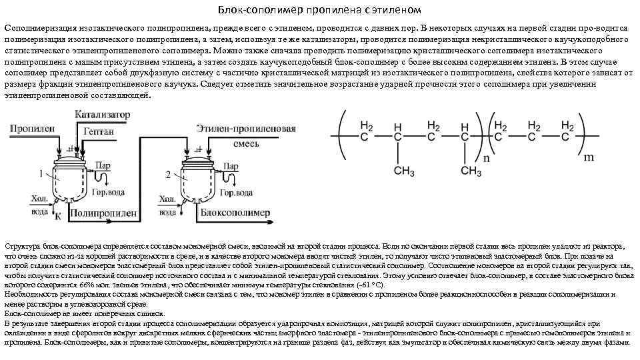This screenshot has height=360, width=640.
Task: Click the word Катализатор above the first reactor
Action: coord(102,115)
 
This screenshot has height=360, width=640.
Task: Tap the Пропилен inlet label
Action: coord(27,127)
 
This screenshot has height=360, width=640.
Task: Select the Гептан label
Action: coord(99,132)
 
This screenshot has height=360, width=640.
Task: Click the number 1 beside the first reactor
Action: coord(42,174)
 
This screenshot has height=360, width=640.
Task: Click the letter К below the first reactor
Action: coord(57,217)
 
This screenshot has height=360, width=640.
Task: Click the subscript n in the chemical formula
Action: coord(485,159)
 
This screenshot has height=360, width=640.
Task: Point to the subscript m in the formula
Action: coord(589,159)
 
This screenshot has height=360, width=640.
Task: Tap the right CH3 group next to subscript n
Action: coord(470,172)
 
